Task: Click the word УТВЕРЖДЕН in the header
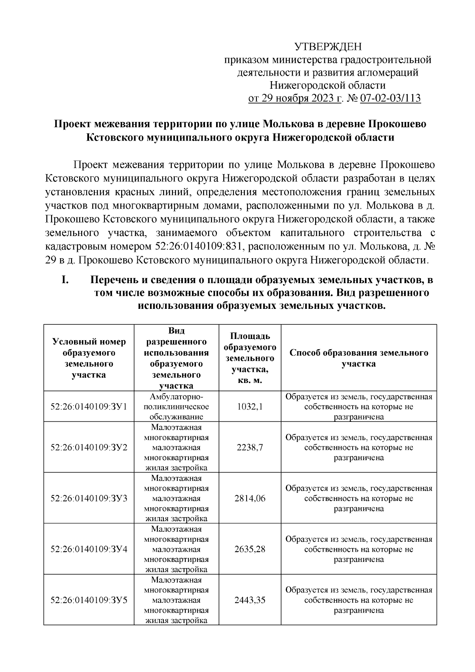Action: tap(328, 47)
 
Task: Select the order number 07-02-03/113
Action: tap(389, 98)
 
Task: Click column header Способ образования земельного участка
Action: tap(359, 358)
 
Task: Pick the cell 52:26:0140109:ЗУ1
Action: tap(89, 406)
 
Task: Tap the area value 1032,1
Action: tap(250, 406)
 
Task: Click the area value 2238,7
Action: tap(250, 447)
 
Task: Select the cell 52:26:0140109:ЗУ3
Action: tap(89, 498)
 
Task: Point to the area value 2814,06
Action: tap(250, 498)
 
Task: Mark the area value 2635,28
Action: tap(250, 549)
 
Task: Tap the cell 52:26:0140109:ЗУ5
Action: tap(89, 600)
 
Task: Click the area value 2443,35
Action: tap(250, 600)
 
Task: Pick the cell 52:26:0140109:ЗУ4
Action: tap(89, 549)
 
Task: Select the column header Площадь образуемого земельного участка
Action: tap(250, 358)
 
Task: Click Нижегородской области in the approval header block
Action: tap(327, 85)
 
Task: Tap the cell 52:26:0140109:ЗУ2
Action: tap(89, 447)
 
